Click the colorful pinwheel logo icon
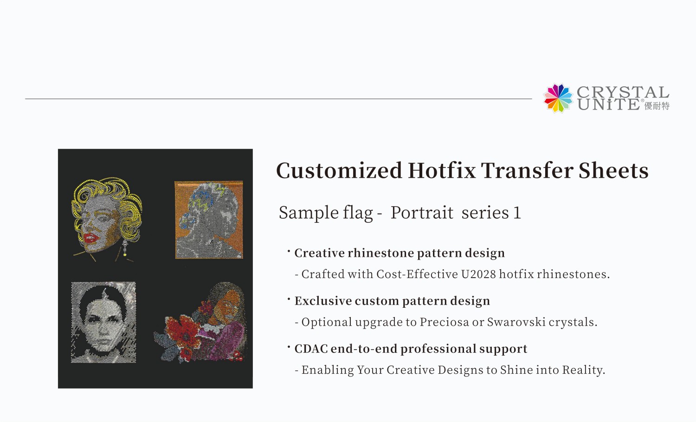[558, 98]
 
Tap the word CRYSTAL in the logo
[623, 92]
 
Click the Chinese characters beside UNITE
[657, 106]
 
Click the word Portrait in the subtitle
[421, 213]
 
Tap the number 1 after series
[517, 213]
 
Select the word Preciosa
[444, 322]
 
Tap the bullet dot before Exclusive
[289, 298]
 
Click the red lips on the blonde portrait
[90, 238]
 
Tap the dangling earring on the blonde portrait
[124, 247]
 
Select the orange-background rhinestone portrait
[209, 220]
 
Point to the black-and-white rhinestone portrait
[103, 322]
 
